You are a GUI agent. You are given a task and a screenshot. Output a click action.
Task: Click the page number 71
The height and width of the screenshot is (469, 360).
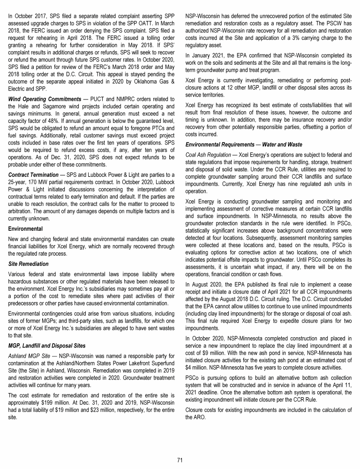[180, 460]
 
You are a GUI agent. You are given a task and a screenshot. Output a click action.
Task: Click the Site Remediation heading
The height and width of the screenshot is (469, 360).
[28, 264]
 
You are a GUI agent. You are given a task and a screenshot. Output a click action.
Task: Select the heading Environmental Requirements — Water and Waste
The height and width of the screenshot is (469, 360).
[244, 144]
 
